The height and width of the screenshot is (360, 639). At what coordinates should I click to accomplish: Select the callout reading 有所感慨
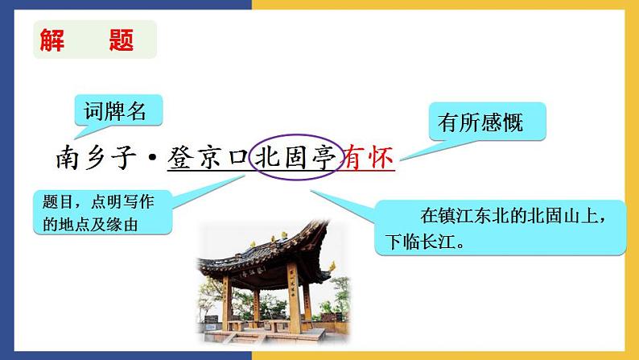(480, 123)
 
